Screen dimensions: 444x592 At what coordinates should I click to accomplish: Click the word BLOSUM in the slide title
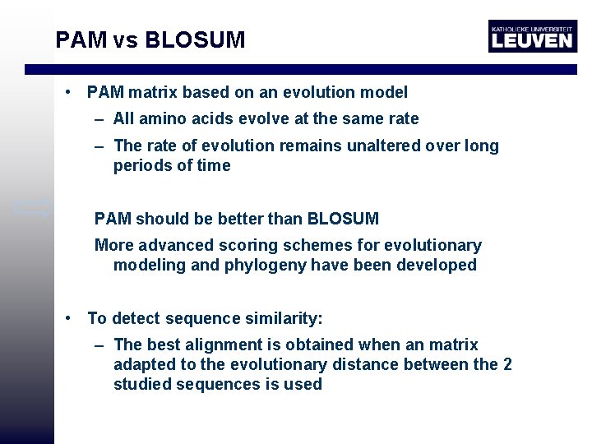click(x=195, y=39)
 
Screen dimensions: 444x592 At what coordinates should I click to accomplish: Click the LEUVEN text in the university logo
click(x=531, y=39)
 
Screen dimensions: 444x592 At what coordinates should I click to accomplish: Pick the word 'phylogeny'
click(x=261, y=266)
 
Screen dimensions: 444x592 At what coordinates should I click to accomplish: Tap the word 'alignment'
click(x=223, y=345)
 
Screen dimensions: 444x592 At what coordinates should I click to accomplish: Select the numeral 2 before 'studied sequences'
click(x=506, y=365)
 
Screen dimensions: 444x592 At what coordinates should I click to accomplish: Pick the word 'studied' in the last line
click(x=141, y=385)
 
